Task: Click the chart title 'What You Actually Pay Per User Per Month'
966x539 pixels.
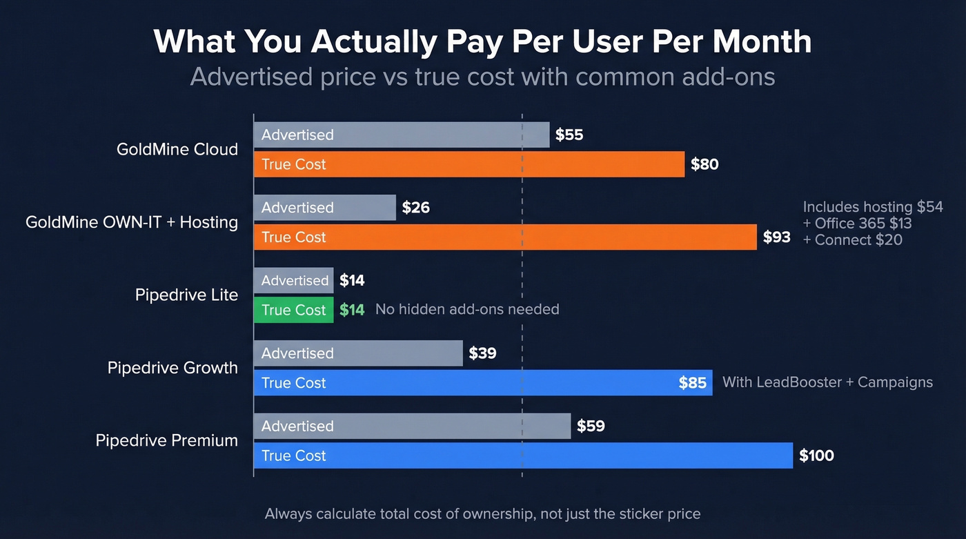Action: point(482,41)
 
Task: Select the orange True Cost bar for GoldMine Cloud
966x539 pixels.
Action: point(469,164)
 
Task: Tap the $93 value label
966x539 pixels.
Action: point(776,237)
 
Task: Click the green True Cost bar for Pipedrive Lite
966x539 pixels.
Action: point(293,310)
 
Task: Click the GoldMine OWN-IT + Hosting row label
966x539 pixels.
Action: point(132,222)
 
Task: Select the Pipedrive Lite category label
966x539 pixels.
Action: point(186,295)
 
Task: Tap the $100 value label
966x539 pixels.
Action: point(816,455)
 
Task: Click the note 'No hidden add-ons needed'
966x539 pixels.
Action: point(467,310)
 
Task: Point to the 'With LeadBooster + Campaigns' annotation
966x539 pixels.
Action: point(827,382)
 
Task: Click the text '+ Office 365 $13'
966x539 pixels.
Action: point(857,224)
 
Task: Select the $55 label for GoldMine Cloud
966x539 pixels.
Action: point(569,135)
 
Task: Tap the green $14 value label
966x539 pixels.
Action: point(352,310)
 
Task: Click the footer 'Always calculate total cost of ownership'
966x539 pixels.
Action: point(482,514)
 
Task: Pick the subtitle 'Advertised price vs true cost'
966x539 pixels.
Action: point(482,77)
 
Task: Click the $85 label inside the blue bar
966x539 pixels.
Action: point(692,383)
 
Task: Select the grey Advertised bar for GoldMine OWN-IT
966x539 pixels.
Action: point(324,208)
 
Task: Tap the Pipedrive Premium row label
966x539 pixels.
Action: point(166,441)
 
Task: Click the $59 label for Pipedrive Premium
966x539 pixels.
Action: point(591,427)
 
